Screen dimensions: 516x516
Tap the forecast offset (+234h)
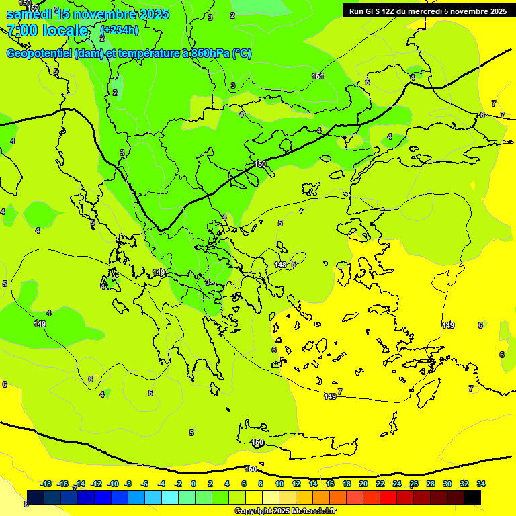[x=120, y=30]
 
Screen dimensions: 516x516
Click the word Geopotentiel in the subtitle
[x=40, y=54]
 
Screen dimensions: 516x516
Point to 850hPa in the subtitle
[x=210, y=54]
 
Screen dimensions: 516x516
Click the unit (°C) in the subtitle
[x=242, y=54]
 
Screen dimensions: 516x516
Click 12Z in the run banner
[x=389, y=11]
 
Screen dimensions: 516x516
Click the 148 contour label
[x=280, y=265]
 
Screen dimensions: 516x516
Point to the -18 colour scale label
[x=46, y=484]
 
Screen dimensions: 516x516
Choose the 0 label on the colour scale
[x=193, y=484]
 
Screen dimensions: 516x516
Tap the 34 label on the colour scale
[x=481, y=484]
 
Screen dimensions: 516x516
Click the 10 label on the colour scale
[x=279, y=484]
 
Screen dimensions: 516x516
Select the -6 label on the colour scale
[x=144, y=484]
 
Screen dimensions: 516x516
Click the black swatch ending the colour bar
[x=472, y=498]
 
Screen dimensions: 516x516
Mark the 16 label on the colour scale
[x=330, y=484]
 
